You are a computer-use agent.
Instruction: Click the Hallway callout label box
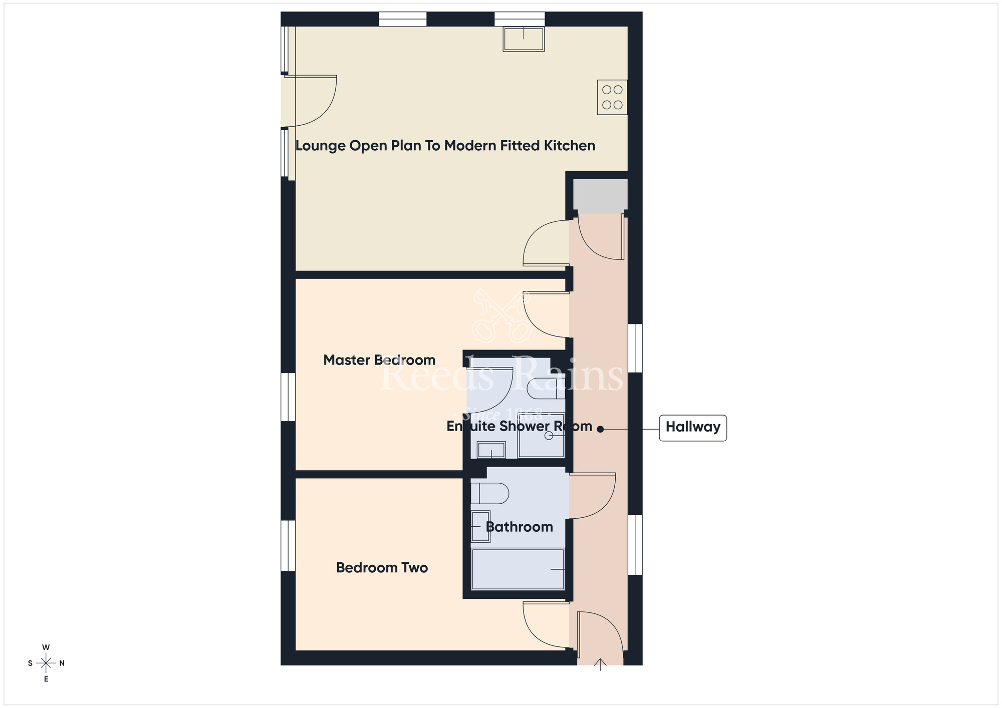(x=692, y=428)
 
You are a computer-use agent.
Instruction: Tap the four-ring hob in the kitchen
(x=612, y=97)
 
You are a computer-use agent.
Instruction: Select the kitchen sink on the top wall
(x=524, y=39)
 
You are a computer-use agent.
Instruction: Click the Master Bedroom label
(x=379, y=360)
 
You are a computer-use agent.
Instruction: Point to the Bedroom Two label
(x=382, y=568)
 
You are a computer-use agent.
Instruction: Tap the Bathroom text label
(x=519, y=527)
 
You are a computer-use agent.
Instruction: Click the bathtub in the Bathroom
(x=518, y=569)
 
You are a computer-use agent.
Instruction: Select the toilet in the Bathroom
(x=489, y=493)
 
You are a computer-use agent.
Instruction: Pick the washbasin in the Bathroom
(x=480, y=526)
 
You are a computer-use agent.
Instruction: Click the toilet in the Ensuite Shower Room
(x=546, y=389)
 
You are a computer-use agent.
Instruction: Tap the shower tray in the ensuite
(x=541, y=436)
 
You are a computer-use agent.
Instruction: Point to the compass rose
(x=46, y=663)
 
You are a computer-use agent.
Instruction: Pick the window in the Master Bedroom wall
(x=288, y=397)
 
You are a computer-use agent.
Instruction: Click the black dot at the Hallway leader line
(x=600, y=429)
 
